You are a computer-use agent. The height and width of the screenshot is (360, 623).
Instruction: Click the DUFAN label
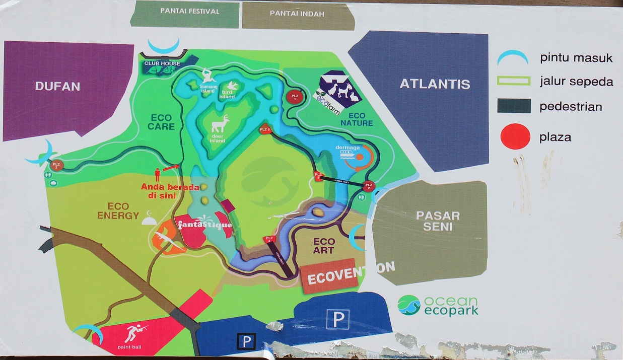[x=58, y=86]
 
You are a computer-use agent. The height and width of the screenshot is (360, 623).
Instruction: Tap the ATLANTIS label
[x=435, y=84]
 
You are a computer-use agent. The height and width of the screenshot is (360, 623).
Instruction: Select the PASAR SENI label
[x=438, y=221]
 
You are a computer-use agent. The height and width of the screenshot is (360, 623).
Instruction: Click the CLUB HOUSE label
[x=162, y=63]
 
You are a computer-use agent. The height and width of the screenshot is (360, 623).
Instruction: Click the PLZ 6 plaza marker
[x=265, y=130]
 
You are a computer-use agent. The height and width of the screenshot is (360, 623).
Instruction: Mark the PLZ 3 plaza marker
[x=56, y=165]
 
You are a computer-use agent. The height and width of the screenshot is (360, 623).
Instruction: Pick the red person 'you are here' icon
[x=157, y=174]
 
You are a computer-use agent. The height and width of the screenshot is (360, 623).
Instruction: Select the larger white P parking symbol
[x=338, y=319]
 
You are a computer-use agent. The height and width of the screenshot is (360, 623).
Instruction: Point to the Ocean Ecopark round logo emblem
[x=408, y=305]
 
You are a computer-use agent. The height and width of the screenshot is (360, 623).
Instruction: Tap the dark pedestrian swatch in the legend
[x=513, y=106]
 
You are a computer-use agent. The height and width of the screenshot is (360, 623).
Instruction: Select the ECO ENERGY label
[x=119, y=211]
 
